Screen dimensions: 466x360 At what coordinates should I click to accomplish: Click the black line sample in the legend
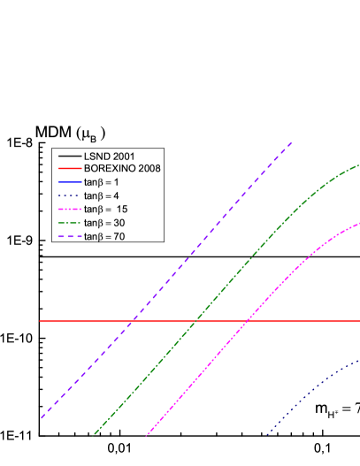point(67,156)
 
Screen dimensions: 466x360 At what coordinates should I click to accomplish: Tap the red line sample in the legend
point(67,168)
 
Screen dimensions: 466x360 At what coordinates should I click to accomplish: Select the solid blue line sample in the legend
point(67,181)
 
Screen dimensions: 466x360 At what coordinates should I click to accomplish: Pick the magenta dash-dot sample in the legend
point(67,209)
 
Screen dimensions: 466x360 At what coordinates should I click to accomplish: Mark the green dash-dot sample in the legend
point(67,223)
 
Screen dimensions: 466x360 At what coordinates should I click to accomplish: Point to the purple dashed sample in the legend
point(67,236)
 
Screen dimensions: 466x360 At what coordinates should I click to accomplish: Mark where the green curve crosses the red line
point(196,320)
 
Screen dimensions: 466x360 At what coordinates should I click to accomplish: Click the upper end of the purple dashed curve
point(290,142)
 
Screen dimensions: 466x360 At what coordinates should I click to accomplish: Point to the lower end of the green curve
point(94,434)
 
